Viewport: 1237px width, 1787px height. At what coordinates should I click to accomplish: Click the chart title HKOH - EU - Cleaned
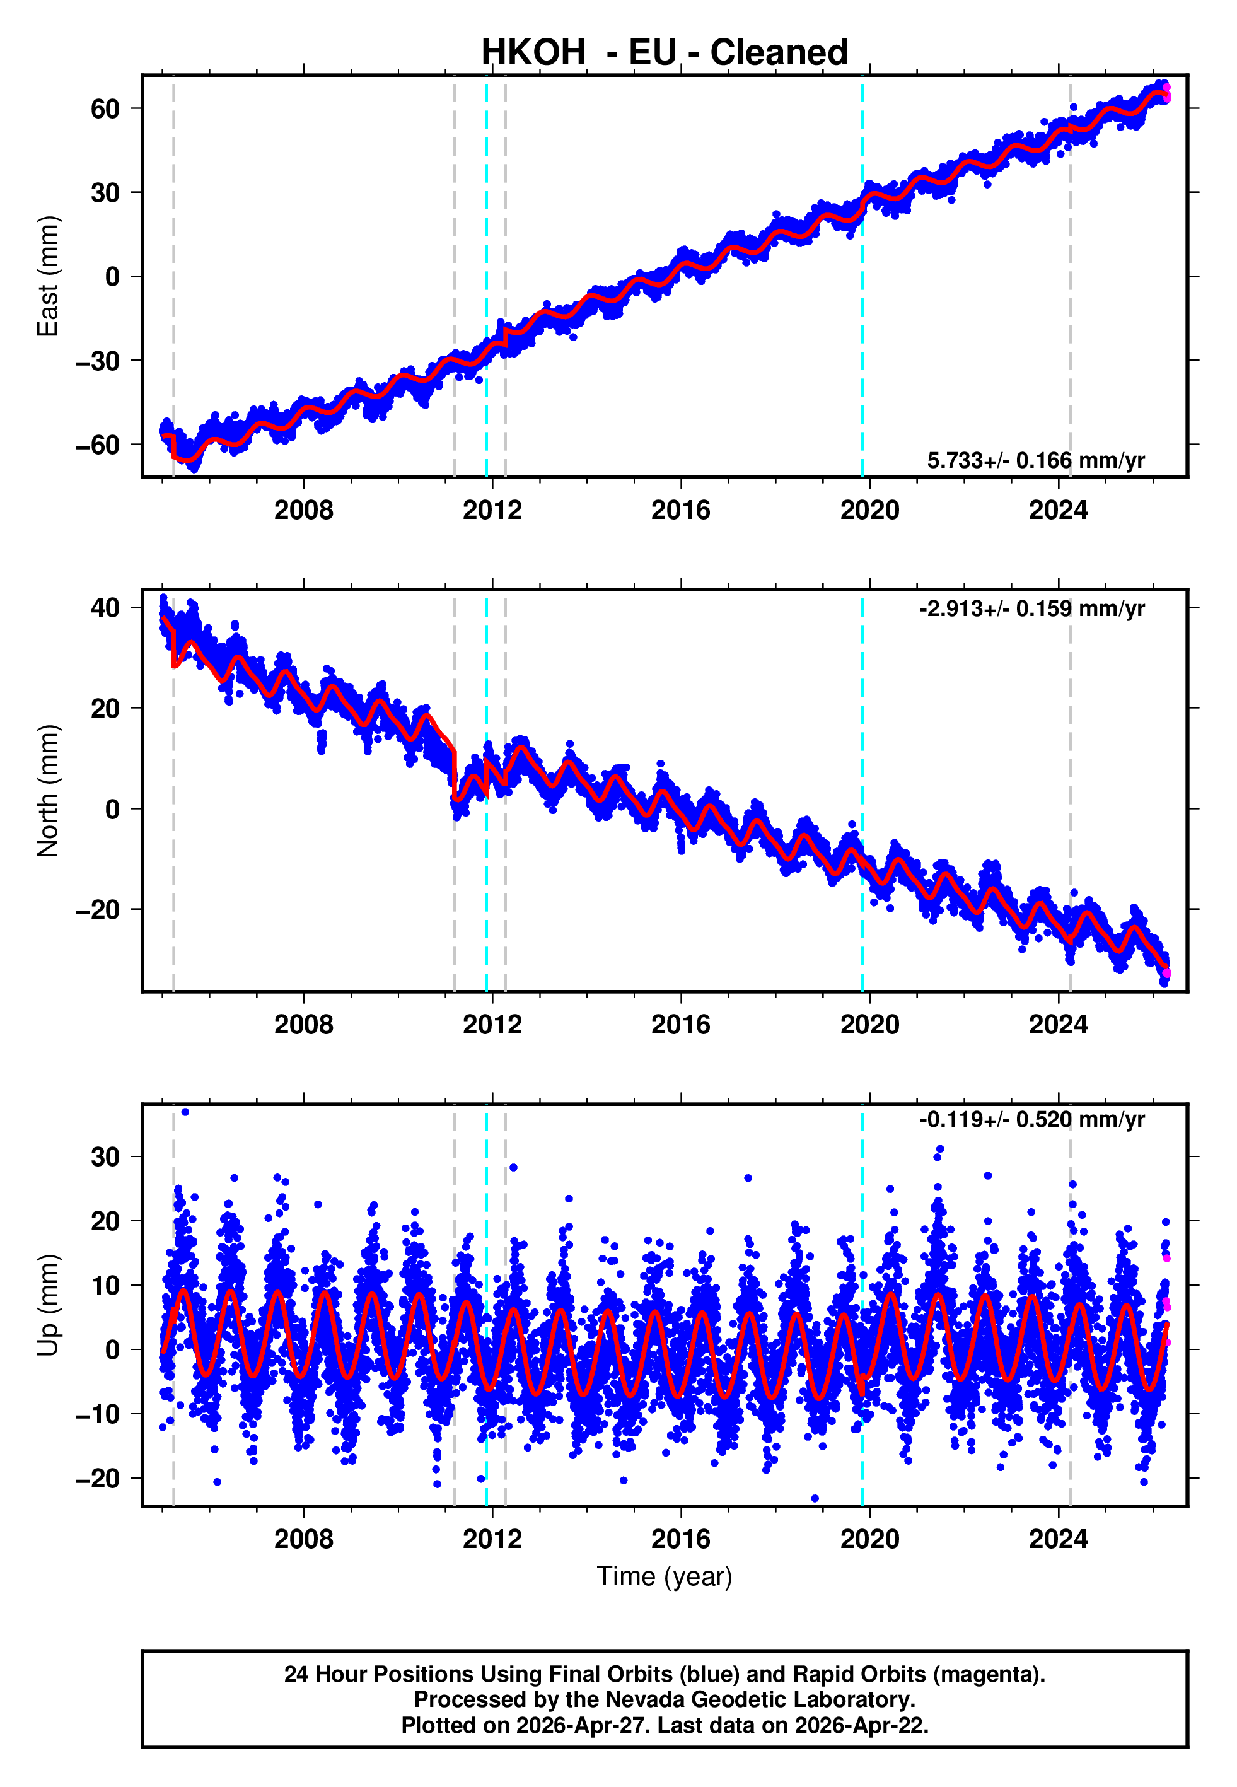[665, 53]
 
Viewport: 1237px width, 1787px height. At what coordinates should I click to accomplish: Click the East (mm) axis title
[48, 276]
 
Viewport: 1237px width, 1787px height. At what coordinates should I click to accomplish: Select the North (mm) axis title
[48, 791]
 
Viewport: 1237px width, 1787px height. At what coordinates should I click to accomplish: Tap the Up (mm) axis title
[48, 1305]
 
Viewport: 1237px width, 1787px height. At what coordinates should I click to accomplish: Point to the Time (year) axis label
[665, 1576]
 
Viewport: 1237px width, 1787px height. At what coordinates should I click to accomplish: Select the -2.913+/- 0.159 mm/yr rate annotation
[1031, 608]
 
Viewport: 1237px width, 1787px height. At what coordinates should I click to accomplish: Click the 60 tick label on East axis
[105, 108]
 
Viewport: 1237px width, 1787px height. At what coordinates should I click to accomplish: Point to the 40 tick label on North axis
[105, 608]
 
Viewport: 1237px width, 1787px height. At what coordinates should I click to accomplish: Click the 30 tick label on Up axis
[105, 1157]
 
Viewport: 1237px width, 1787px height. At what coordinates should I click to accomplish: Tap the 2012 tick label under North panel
[492, 1025]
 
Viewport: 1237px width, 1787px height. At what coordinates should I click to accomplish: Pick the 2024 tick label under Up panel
[1058, 1539]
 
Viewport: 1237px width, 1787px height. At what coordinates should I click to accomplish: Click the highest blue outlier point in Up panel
[185, 1112]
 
